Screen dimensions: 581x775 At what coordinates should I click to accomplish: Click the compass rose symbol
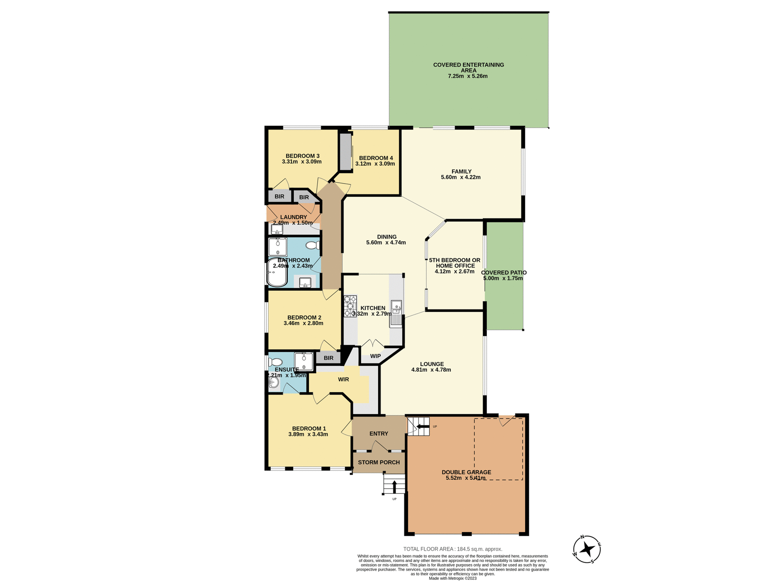(587, 549)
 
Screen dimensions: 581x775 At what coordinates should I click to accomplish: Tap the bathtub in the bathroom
(277, 273)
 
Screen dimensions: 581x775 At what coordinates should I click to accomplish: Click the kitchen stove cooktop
(350, 306)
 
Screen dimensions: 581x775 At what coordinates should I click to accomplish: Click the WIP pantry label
(375, 356)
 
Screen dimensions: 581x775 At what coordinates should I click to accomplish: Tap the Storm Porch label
(379, 462)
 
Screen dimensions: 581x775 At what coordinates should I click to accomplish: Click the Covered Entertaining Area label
(468, 67)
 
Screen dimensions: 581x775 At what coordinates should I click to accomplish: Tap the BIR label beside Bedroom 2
(329, 358)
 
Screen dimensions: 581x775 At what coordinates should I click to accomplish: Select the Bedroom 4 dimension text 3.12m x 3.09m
(375, 164)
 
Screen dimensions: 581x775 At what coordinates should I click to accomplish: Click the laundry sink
(277, 230)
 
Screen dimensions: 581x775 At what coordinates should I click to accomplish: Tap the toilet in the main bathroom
(312, 245)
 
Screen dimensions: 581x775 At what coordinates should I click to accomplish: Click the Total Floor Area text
(452, 549)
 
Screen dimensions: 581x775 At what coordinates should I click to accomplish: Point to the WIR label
(343, 379)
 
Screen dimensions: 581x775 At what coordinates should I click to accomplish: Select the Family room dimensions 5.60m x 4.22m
(461, 177)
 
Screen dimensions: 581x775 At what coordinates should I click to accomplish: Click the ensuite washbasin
(274, 382)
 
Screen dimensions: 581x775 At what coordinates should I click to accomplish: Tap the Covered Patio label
(503, 273)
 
